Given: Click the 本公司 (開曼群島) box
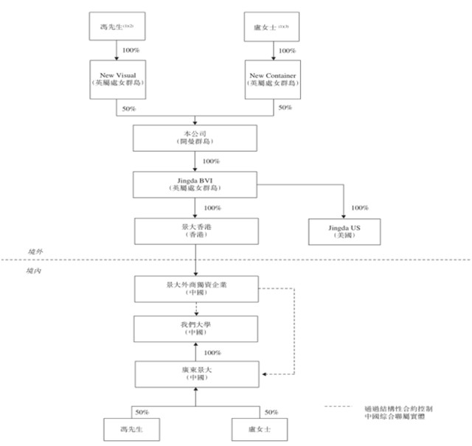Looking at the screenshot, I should pyautogui.click(x=195, y=138).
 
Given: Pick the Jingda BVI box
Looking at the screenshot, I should pyautogui.click(x=195, y=184).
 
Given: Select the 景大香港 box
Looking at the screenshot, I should pyautogui.click(x=195, y=230).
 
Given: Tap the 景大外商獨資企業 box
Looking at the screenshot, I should pyautogui.click(x=195, y=287).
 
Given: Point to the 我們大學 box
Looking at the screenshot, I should pyautogui.click(x=195, y=328).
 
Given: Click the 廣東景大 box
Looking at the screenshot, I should pyautogui.click(x=195, y=372).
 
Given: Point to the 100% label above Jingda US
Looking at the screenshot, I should pyautogui.click(x=360, y=208).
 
